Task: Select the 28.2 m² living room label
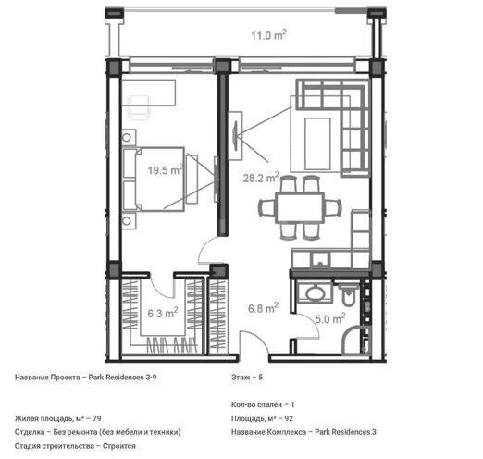261,180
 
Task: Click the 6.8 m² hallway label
261,310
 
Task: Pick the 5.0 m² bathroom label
329,319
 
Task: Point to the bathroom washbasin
312,292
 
